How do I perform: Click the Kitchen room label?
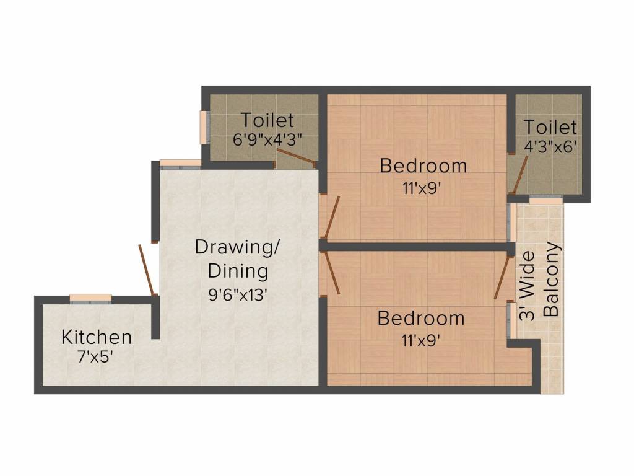point(97,337)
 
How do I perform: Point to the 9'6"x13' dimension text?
point(238,295)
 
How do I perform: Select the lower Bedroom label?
point(420,319)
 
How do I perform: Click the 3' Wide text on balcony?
point(526,286)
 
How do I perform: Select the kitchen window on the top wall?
point(90,298)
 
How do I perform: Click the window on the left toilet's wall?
point(202,128)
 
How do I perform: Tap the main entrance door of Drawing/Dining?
point(147,270)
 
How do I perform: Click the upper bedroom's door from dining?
point(331,218)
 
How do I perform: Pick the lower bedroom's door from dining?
point(331,273)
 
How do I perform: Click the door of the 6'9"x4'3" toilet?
point(296,157)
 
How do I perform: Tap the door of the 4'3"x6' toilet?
point(518,175)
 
